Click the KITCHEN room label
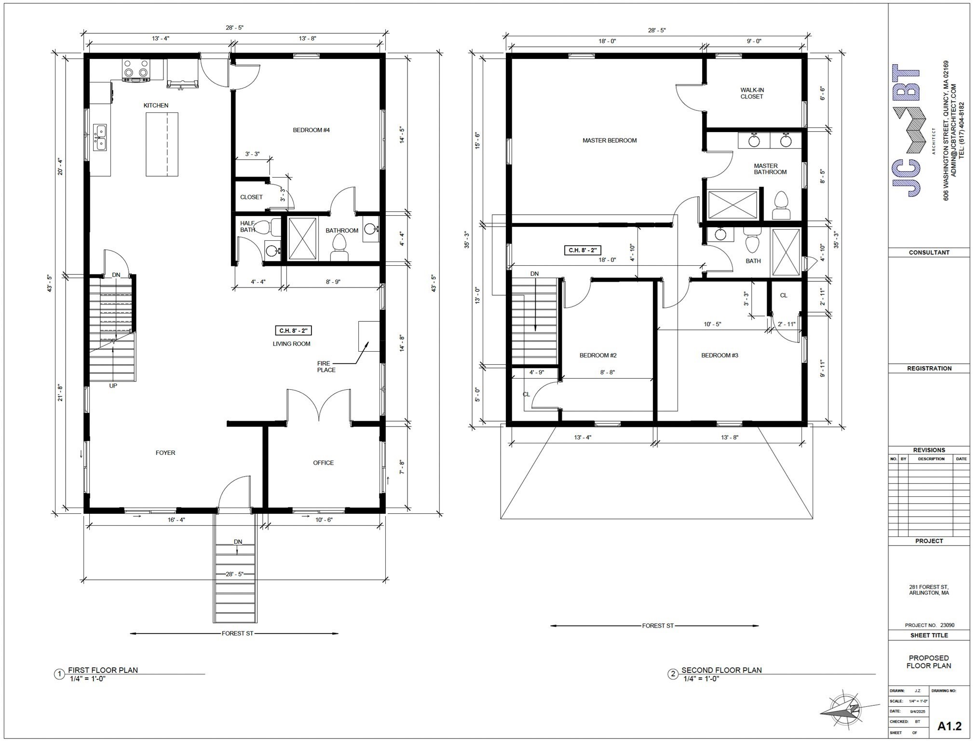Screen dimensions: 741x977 click(156, 105)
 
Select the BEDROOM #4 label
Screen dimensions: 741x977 click(311, 130)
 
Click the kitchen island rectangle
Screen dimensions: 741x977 click(162, 144)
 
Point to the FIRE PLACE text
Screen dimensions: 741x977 click(326, 367)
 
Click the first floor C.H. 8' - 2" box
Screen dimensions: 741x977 click(293, 330)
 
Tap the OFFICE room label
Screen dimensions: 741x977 click(323, 463)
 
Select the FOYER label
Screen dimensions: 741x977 click(165, 453)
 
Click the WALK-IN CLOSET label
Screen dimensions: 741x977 click(752, 93)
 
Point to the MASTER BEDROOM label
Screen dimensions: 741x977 click(610, 140)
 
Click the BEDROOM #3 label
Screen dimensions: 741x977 click(719, 355)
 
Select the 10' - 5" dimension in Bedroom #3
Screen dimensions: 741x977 click(712, 324)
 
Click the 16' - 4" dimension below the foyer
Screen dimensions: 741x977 click(176, 520)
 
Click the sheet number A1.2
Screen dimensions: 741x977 click(949, 726)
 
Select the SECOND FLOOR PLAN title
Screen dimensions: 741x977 click(721, 670)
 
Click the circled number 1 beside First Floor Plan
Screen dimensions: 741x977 click(59, 674)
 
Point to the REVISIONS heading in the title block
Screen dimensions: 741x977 click(929, 450)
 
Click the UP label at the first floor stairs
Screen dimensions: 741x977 click(113, 385)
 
